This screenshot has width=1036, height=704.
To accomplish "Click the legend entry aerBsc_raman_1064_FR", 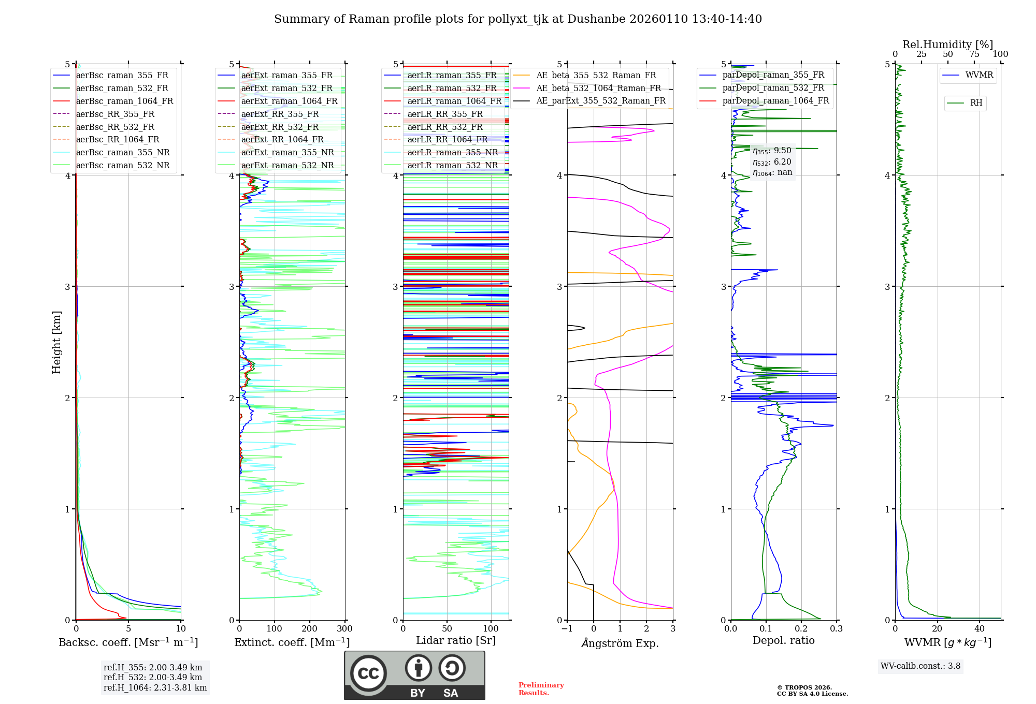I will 124,101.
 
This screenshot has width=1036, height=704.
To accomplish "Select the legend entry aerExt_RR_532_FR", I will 280,127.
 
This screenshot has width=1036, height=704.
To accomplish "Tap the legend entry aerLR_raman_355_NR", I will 452,152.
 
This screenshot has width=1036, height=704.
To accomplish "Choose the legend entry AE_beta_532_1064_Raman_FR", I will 598,88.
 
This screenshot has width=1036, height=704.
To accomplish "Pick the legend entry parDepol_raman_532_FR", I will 773,88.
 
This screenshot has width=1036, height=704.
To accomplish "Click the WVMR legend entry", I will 979,75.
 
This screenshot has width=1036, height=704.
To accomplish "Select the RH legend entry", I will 976,103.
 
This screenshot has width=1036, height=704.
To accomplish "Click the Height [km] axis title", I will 56,342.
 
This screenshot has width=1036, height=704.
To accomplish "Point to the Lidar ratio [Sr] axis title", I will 455,640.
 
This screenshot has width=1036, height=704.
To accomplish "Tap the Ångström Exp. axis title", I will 620,643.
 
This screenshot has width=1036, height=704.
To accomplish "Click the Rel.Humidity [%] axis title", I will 947,45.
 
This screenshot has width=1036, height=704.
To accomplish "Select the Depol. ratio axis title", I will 783,640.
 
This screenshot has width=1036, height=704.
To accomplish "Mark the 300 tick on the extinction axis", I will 345,629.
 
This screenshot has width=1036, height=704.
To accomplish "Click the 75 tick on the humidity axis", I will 974,54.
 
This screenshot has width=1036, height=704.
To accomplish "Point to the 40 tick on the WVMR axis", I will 980,629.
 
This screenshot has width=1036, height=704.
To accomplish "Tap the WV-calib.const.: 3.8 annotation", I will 920,666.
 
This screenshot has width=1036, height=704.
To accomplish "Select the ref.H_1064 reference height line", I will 155,688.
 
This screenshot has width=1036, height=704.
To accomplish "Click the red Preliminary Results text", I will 541,689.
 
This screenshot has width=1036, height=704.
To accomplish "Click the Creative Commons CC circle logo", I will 368,673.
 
